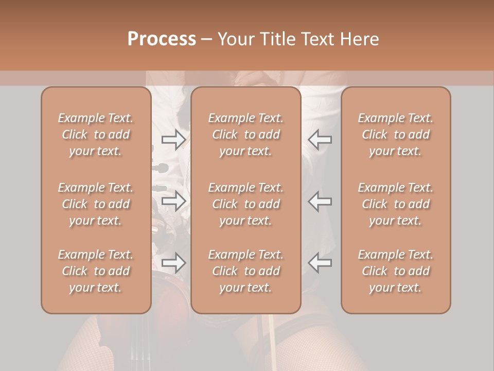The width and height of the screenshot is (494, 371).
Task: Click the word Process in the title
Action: (162, 39)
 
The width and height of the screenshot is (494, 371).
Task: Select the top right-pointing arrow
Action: (174, 139)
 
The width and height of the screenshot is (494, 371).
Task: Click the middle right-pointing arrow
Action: (174, 201)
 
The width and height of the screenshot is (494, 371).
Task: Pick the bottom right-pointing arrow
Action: (174, 263)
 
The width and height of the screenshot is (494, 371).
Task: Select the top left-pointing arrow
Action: (320, 139)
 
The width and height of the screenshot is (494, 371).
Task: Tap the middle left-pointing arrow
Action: (320, 201)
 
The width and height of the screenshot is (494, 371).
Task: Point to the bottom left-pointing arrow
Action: (320, 263)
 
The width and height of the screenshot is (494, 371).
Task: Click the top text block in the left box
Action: (96, 134)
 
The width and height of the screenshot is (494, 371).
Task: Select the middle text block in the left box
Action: (96, 204)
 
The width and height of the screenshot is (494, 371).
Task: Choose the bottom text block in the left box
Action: (96, 271)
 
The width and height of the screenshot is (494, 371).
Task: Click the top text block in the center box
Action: (246, 134)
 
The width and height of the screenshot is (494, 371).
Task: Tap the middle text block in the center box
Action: (246, 204)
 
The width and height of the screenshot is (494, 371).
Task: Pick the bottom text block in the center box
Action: (246, 271)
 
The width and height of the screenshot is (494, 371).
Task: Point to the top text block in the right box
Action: (396, 134)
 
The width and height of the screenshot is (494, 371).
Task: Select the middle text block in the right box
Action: (396, 204)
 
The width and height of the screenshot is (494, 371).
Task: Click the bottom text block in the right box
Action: (396, 271)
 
